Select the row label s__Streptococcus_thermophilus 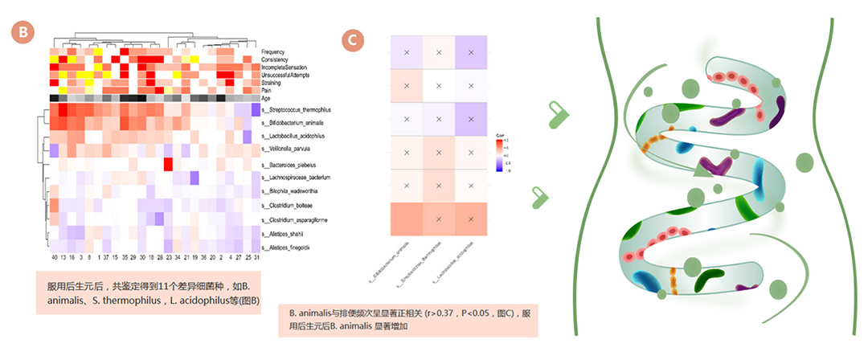click(x=298, y=109)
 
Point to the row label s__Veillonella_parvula click(x=290, y=149)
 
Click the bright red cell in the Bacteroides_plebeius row click(x=169, y=164)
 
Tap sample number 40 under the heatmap click(x=54, y=259)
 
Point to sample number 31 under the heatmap click(x=256, y=259)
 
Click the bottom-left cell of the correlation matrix click(x=407, y=219)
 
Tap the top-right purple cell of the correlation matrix click(x=471, y=52)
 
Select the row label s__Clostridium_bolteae click(x=289, y=205)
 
